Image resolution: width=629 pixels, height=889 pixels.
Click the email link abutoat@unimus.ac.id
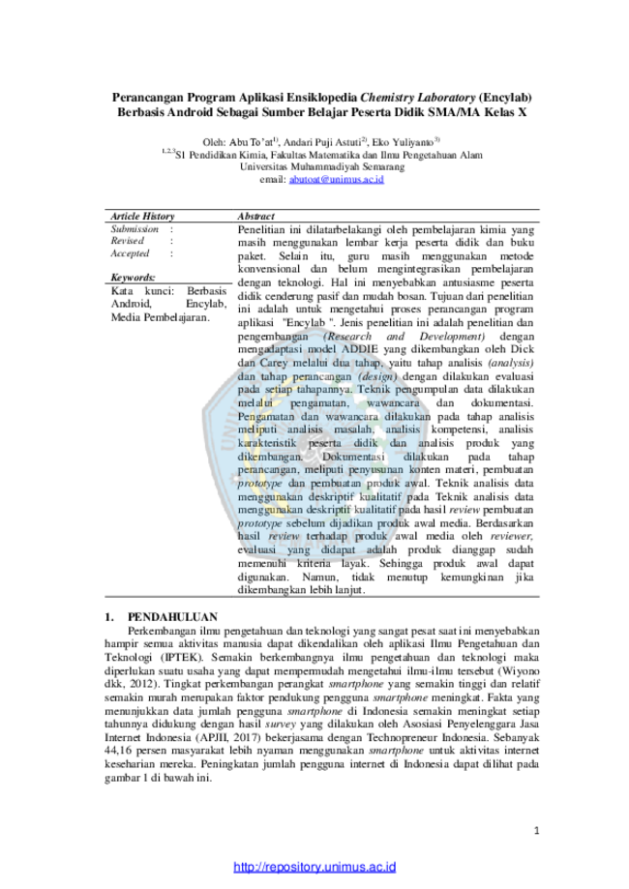pos(337,180)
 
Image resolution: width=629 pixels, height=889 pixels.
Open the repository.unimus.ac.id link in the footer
pos(314,867)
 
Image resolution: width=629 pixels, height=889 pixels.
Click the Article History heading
pos(142,216)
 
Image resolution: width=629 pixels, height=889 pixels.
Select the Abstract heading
pos(255,216)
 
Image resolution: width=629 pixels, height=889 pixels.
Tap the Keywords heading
pos(133,278)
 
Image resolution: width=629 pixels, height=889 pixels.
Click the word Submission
pos(135,229)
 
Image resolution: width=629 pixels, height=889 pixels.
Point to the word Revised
pos(127,241)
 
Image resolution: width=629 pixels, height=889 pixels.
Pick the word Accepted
pos(130,253)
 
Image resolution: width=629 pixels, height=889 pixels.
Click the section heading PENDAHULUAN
pos(172,617)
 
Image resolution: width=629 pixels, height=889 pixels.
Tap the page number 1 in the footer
pos(536,831)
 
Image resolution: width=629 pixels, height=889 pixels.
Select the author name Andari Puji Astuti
pos(322,142)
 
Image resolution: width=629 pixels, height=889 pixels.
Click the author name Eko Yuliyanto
pos(403,142)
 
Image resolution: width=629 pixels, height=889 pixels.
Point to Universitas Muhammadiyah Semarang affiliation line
pos(322,167)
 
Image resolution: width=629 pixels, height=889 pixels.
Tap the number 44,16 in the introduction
pos(117,751)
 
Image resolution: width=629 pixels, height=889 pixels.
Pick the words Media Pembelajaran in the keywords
pos(160,317)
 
